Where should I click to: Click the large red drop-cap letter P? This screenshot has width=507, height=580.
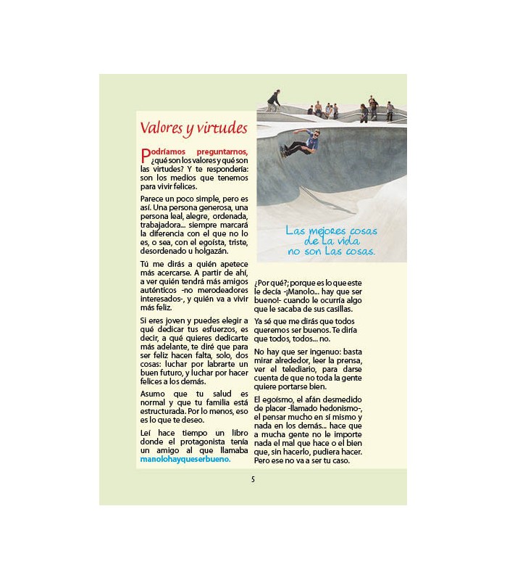(145, 154)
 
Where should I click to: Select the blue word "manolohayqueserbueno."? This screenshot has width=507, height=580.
(185, 459)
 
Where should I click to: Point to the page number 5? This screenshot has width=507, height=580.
(253, 479)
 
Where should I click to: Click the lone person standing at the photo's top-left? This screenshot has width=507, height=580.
(273, 100)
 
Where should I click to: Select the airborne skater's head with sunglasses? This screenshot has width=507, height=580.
(315, 133)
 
